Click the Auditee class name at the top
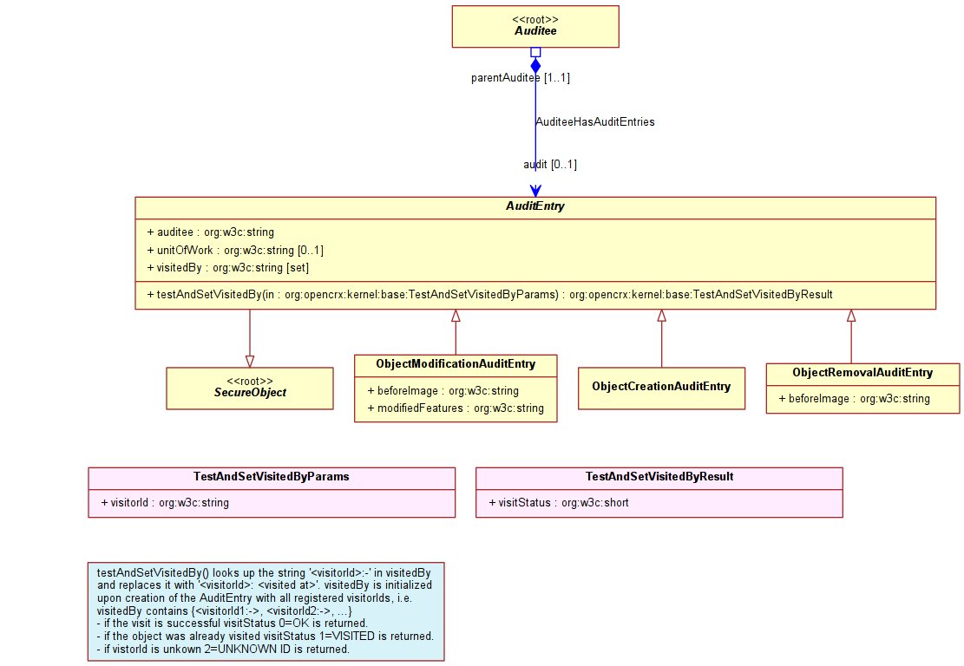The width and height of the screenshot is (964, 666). pos(535,30)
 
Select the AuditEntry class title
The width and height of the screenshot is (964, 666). pos(534,206)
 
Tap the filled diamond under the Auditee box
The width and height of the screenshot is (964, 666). pos(535,65)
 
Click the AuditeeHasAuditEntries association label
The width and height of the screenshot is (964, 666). pos(595,121)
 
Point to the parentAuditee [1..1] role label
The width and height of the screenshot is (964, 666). pos(520,77)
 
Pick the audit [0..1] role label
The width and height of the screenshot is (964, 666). pos(549,164)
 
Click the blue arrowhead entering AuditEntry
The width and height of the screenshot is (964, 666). pos(535,191)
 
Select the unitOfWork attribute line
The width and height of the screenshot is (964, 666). pos(235,250)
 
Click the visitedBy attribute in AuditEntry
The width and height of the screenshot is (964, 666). pos(227,267)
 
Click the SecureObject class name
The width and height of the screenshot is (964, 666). pos(250,392)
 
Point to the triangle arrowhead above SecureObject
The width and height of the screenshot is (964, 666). pos(250,362)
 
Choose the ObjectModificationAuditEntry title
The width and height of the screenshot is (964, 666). pos(456,363)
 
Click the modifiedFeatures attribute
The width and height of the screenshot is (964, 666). pos(456,408)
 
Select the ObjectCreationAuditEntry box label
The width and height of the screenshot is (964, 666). pos(661,387)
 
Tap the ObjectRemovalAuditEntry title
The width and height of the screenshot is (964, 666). pos(862,372)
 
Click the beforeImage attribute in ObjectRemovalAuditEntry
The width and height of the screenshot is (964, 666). pos(854,398)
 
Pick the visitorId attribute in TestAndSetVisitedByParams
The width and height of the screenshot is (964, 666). pos(165,503)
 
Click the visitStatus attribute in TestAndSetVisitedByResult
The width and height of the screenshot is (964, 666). pos(559,503)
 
